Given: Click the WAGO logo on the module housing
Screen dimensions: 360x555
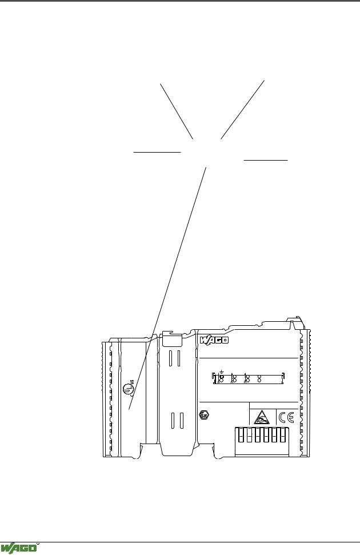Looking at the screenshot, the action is click(x=214, y=340).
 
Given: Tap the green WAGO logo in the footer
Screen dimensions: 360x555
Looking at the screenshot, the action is click(x=18, y=548).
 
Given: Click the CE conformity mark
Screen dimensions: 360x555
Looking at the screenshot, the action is click(x=286, y=418).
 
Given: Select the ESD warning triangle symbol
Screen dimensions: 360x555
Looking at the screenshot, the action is click(x=262, y=417).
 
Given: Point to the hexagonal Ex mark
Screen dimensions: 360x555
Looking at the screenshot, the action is click(x=205, y=415).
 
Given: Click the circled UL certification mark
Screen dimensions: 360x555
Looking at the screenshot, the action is click(x=128, y=389).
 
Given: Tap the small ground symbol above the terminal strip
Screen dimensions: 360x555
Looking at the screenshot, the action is click(x=222, y=372).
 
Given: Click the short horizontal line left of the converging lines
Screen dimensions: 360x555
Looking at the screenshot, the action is click(x=157, y=152).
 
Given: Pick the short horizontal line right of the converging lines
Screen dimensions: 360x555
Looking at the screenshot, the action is click(x=266, y=161).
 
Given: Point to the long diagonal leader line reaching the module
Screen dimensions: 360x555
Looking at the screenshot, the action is click(x=167, y=288).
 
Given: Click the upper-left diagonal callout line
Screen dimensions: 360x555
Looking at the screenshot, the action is click(x=177, y=111).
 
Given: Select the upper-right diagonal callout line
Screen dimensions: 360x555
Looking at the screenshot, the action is click(x=242, y=110).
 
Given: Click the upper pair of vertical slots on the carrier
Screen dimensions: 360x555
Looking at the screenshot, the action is click(x=175, y=358).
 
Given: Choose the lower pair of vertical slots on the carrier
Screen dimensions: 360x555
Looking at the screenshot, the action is click(x=177, y=421).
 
